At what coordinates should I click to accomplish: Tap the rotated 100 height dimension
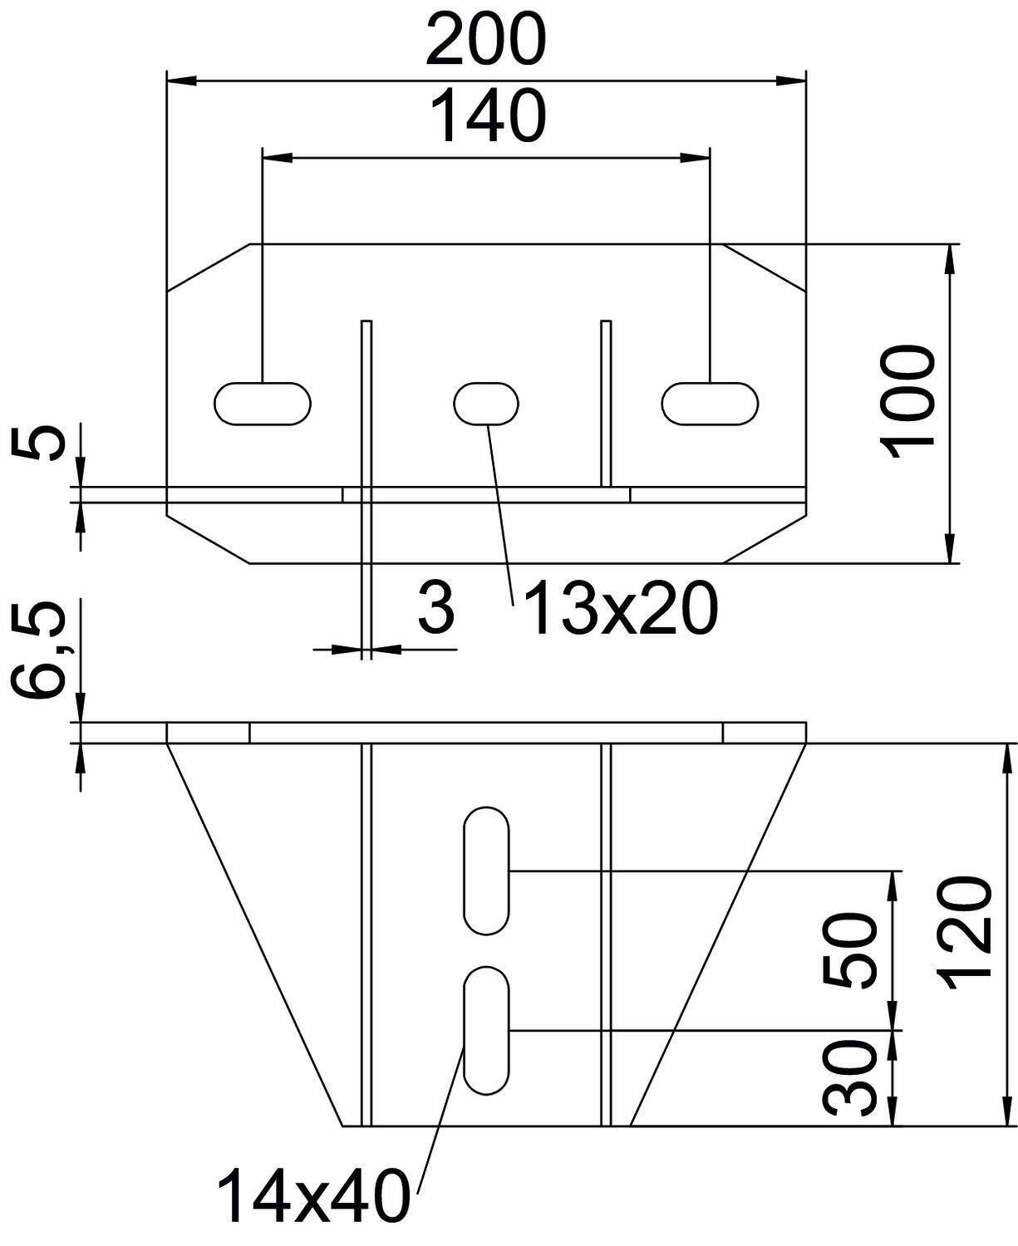coord(907,402)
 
